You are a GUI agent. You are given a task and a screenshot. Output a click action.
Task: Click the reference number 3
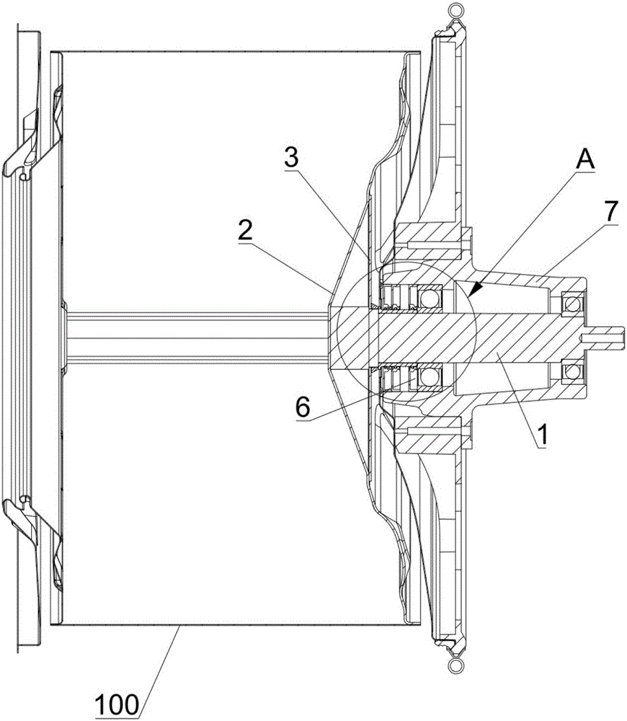pos(291,158)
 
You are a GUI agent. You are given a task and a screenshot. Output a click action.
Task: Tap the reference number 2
pos(245,231)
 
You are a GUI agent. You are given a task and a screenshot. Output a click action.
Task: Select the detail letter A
pos(585,161)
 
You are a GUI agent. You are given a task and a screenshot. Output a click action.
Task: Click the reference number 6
pos(303,407)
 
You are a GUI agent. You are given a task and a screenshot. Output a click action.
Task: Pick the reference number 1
pos(543,435)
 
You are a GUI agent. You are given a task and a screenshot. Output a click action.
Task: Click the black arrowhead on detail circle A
pos(476,288)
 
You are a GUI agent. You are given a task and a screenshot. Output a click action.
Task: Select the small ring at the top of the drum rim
pos(455,9)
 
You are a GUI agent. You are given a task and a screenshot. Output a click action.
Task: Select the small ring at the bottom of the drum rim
pos(455,665)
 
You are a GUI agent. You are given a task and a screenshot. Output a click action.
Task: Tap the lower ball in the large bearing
pos(430,378)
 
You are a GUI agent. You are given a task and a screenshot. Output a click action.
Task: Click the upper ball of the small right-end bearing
pos(572,304)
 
